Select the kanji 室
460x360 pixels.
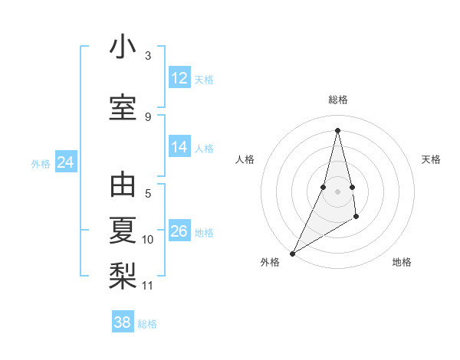(x=123, y=106)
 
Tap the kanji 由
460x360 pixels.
(x=123, y=186)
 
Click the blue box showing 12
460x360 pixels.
(x=179, y=78)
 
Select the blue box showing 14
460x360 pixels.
(x=179, y=147)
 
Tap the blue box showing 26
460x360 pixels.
(x=179, y=231)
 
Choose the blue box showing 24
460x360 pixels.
(x=66, y=162)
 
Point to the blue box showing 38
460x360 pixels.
(x=123, y=322)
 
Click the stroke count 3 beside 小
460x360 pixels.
(x=148, y=56)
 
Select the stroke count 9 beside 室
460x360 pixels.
(x=148, y=117)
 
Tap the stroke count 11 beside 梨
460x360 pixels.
(x=148, y=286)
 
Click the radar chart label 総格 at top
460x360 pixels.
(x=337, y=100)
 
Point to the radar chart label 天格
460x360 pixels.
(x=431, y=159)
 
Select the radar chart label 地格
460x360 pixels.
(x=402, y=263)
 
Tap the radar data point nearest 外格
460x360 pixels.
(x=292, y=254)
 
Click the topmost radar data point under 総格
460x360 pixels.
(x=337, y=130)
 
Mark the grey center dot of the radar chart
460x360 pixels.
(x=337, y=191)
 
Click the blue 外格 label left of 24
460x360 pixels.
(x=41, y=163)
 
